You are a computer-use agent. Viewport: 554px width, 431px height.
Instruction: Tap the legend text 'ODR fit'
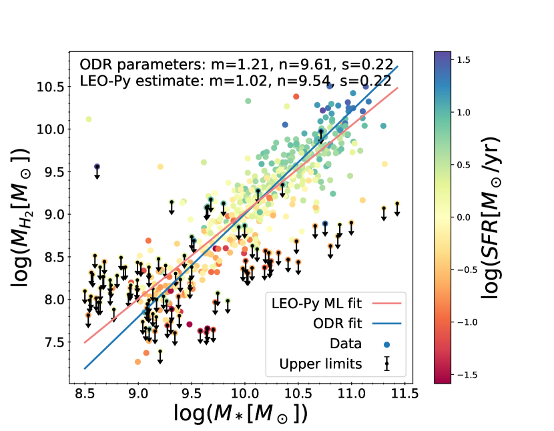pyautogui.click(x=339, y=324)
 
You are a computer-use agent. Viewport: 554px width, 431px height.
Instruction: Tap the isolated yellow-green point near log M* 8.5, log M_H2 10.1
pyautogui.click(x=89, y=119)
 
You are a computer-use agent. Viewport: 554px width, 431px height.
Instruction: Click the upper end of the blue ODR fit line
pyautogui.click(x=398, y=66)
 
